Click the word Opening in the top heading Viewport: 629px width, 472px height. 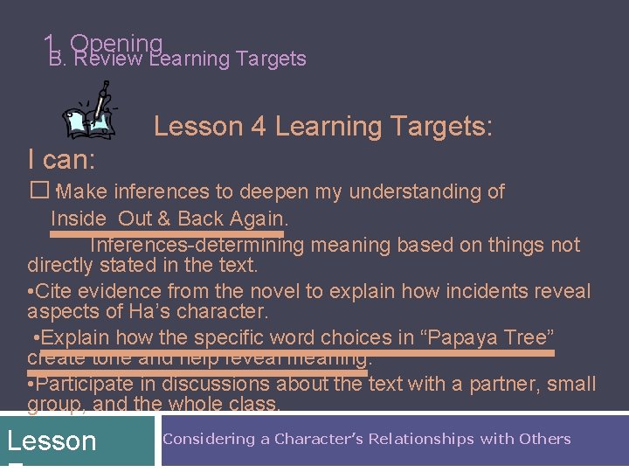point(116,43)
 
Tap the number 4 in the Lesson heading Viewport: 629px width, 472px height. point(258,127)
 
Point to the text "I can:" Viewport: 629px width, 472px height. point(62,160)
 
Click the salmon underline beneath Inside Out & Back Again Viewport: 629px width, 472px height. point(167,234)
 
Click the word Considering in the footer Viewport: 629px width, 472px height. point(210,439)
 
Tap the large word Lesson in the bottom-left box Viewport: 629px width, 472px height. point(52,441)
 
